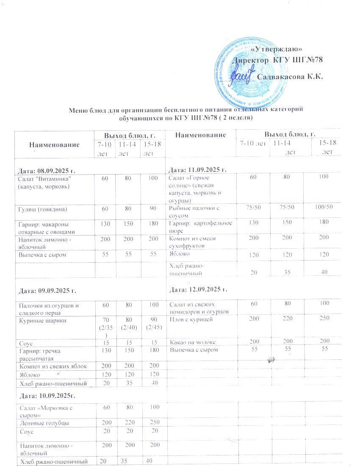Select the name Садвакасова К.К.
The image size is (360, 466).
pos(290,78)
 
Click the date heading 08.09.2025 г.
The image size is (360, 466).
pos(46,170)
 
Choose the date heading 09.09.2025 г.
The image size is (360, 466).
pos(46,291)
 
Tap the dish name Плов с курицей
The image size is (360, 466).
pos(188,318)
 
